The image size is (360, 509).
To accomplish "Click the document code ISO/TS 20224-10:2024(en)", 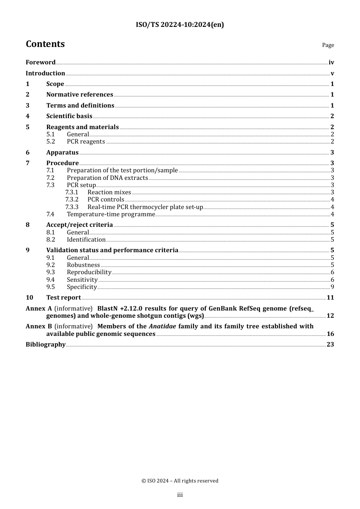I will pyautogui.click(x=180, y=25).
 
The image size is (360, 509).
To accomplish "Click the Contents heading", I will pyautogui.click(x=45, y=44).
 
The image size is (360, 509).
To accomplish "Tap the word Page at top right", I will pyautogui.click(x=328, y=45).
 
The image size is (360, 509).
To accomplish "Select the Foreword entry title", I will pyautogui.click(x=41, y=62).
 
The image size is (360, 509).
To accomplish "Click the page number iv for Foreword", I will pyautogui.click(x=331, y=62).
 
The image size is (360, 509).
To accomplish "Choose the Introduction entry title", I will pyautogui.click(x=45, y=73).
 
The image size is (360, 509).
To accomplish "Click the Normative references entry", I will pyautogui.click(x=80, y=95).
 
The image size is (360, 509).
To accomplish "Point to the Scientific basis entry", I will pyautogui.click(x=69, y=116).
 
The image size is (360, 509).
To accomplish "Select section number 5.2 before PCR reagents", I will pyautogui.click(x=51, y=142).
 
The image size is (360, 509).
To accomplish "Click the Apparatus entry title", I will pyautogui.click(x=63, y=153).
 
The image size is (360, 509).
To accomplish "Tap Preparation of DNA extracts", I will pyautogui.click(x=107, y=178).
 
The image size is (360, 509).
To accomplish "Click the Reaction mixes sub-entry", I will pyautogui.click(x=109, y=192).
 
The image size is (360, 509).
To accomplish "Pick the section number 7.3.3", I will pyautogui.click(x=72, y=207).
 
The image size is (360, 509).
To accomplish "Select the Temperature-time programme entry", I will pyautogui.click(x=111, y=214).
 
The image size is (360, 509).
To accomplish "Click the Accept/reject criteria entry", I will pyautogui.click(x=80, y=225).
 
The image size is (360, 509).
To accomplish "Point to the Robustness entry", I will pyautogui.click(x=83, y=265).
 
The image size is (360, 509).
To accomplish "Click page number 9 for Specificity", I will pyautogui.click(x=332, y=287).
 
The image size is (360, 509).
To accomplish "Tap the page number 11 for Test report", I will pyautogui.click(x=330, y=298).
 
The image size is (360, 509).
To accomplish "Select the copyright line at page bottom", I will pyautogui.click(x=180, y=481).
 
